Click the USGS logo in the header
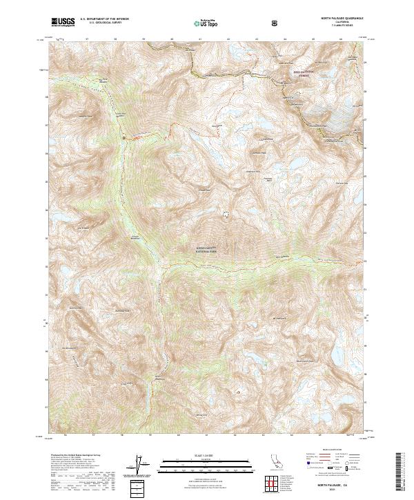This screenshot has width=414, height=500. pyautogui.click(x=62, y=22)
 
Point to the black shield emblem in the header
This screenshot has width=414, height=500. pyautogui.click(x=275, y=23)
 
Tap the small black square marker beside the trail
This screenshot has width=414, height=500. pyautogui.click(x=124, y=138)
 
